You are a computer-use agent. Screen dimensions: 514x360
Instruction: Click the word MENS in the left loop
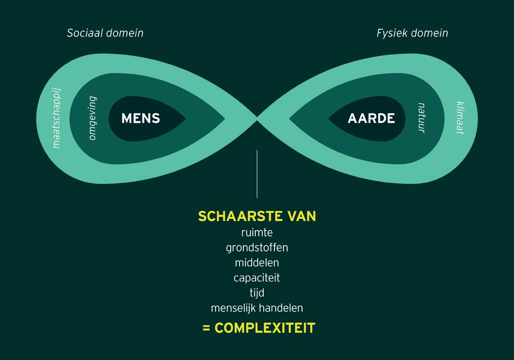click(140, 118)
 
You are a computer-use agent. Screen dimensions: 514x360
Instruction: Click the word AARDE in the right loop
click(371, 118)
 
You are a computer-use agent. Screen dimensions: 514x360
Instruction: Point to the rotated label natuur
click(421, 118)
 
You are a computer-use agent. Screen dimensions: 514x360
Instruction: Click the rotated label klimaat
click(459, 118)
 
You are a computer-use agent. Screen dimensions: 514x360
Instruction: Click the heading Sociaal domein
click(105, 33)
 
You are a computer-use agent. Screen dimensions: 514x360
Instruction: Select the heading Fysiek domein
click(412, 33)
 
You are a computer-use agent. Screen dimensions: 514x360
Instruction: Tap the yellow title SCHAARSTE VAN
click(257, 216)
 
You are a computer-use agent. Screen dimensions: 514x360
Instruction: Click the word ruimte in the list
click(257, 232)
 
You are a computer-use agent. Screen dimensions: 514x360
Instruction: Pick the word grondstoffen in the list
click(257, 247)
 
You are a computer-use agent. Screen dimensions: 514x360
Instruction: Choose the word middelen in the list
click(257, 262)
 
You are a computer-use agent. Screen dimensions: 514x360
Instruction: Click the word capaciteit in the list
click(257, 278)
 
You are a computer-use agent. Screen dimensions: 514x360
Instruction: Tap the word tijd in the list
click(257, 292)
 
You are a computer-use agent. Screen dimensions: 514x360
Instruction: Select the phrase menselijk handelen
click(257, 308)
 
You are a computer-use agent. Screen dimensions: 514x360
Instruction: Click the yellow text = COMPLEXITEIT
click(259, 328)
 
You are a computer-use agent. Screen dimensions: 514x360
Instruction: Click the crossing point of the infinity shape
click(257, 118)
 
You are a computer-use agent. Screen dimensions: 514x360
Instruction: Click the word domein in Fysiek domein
click(430, 33)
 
